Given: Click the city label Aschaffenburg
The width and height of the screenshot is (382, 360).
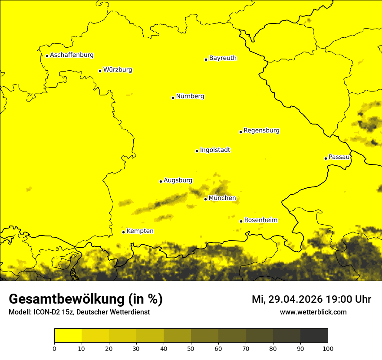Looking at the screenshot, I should tap(72, 55).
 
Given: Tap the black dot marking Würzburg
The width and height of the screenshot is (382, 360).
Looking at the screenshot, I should tap(100, 71).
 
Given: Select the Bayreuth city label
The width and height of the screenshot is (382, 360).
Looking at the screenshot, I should tap(223, 58).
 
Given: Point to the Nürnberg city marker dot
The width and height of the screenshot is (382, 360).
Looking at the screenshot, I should tap(173, 98).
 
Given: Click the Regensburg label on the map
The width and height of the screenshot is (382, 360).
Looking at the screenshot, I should tap(261, 131).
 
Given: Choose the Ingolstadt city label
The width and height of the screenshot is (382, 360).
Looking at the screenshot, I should tap(215, 150).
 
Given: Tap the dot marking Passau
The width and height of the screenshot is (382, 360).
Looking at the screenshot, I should tap(326, 158).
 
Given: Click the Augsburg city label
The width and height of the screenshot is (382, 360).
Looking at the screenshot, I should tap(178, 180).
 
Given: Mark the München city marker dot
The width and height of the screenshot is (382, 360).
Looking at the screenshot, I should tap(205, 199).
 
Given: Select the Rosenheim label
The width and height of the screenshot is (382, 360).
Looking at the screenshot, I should tap(260, 220).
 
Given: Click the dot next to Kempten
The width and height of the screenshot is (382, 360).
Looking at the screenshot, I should tap(123, 232).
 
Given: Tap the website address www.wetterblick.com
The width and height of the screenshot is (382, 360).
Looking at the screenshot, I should tap(313, 312).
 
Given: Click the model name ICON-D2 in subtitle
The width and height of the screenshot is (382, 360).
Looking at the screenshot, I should tap(46, 312).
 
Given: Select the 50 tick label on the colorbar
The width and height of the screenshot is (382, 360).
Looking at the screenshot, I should tap(191, 348).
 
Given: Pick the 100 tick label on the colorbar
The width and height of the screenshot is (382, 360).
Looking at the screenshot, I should tap(328, 348).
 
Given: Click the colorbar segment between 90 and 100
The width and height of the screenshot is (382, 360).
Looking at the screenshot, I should tap(314, 335).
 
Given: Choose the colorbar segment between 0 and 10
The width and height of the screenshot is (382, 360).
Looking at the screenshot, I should tap(68, 335).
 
